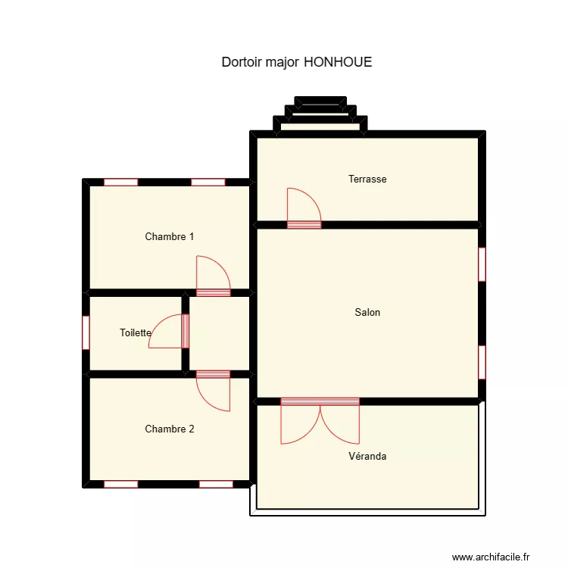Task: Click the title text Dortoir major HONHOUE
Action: tap(296, 62)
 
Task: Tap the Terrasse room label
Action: tap(367, 179)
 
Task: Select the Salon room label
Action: tap(367, 312)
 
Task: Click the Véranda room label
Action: tap(367, 456)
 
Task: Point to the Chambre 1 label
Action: tap(169, 236)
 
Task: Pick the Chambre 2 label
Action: tap(169, 429)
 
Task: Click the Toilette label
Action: tap(136, 332)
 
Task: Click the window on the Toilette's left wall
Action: tap(86, 332)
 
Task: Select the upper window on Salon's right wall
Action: tap(482, 264)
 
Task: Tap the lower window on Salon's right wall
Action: tap(482, 362)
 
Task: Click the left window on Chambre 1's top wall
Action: tap(121, 182)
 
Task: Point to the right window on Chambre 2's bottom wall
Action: tap(216, 484)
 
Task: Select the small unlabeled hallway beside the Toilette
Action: tap(218, 333)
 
